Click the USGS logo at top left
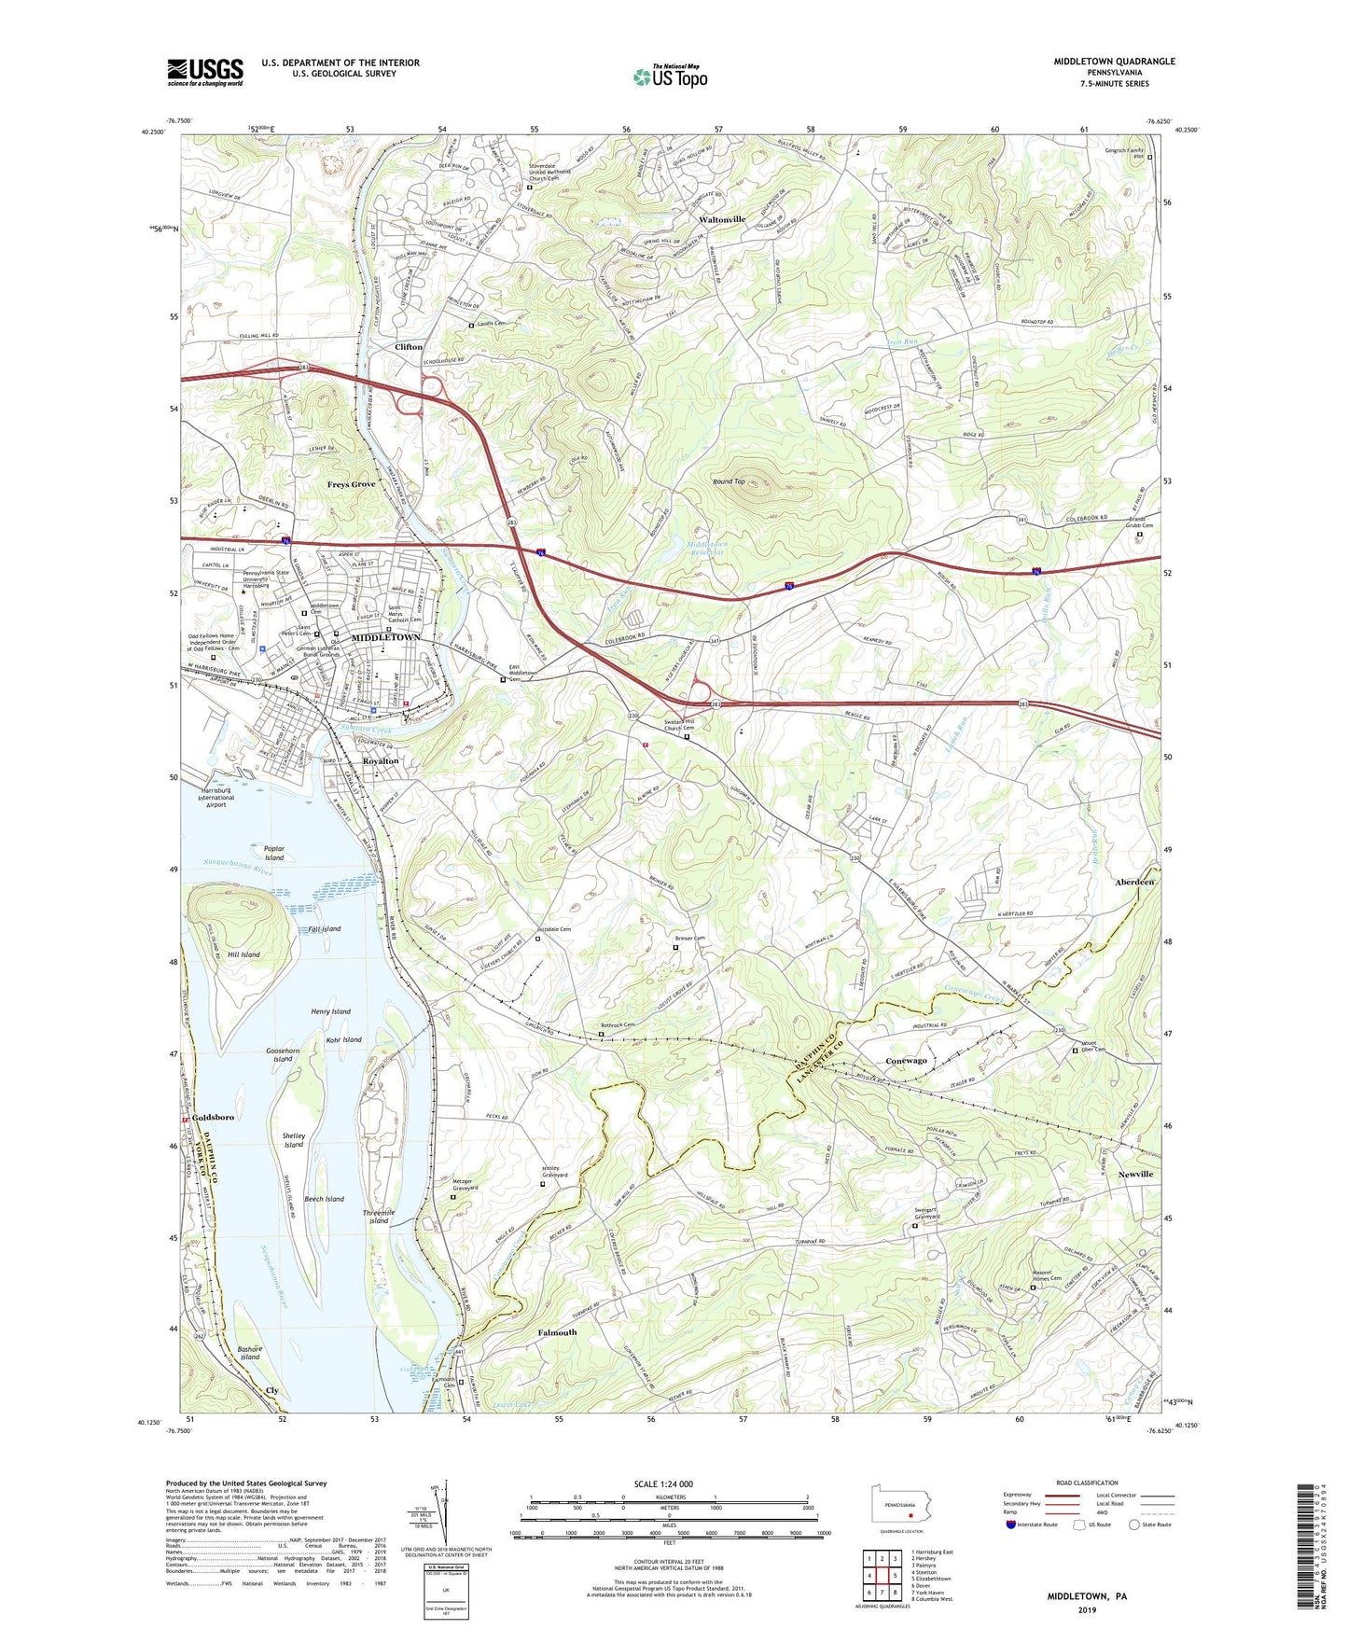[205, 72]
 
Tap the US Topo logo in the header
[670, 77]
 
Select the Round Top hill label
[729, 481]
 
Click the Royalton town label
[380, 761]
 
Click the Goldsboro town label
[213, 1117]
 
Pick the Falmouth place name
[557, 1332]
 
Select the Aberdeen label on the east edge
[1134, 882]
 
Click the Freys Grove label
[351, 485]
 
